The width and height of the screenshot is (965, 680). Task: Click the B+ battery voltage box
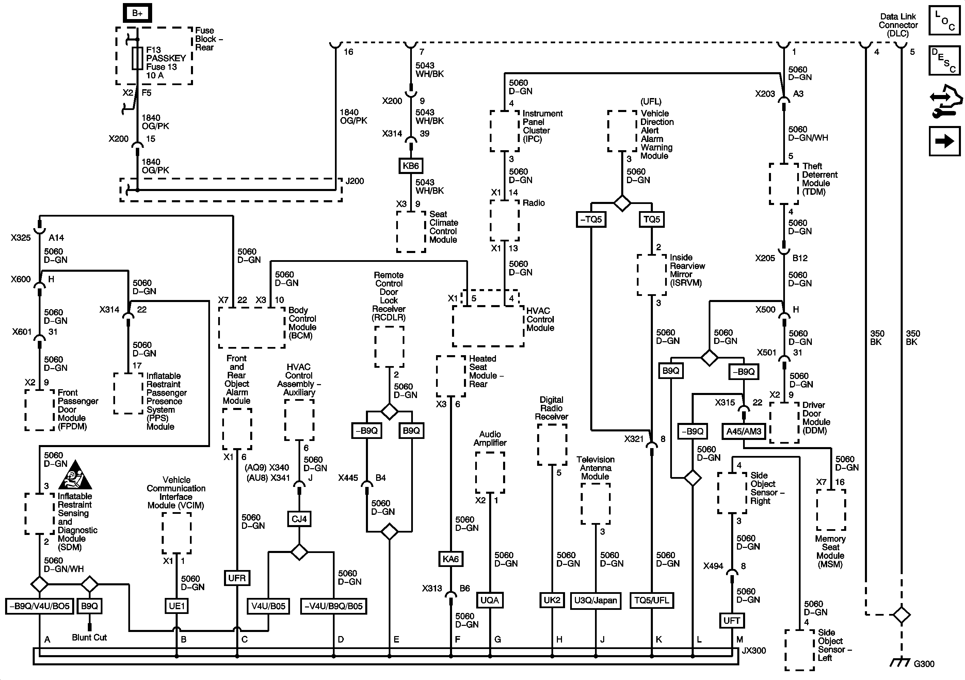click(x=138, y=13)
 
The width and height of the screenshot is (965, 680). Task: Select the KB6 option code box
click(x=411, y=166)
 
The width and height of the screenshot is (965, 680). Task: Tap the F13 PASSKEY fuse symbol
click(x=138, y=58)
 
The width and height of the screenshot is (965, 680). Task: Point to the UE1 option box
click(x=177, y=606)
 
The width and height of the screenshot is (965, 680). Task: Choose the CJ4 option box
click(x=299, y=519)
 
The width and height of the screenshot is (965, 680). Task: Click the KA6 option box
click(x=451, y=559)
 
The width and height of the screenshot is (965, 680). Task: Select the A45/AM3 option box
click(x=744, y=431)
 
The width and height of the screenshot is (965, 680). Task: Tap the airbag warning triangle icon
click(x=75, y=475)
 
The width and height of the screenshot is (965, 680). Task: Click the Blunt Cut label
click(x=89, y=637)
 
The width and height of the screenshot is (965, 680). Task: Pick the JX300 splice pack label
click(x=754, y=651)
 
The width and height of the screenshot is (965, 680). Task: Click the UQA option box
click(x=489, y=600)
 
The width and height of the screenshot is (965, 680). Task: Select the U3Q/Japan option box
click(x=596, y=600)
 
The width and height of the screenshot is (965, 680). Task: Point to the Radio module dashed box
click(x=504, y=220)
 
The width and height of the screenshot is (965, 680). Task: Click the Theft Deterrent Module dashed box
click(x=784, y=184)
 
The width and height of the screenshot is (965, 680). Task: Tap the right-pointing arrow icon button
click(x=944, y=141)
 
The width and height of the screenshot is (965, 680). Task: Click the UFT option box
click(x=732, y=620)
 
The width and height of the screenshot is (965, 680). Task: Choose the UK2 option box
click(x=552, y=600)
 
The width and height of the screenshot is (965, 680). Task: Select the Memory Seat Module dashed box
click(x=831, y=510)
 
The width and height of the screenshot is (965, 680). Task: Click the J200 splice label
click(x=355, y=181)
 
